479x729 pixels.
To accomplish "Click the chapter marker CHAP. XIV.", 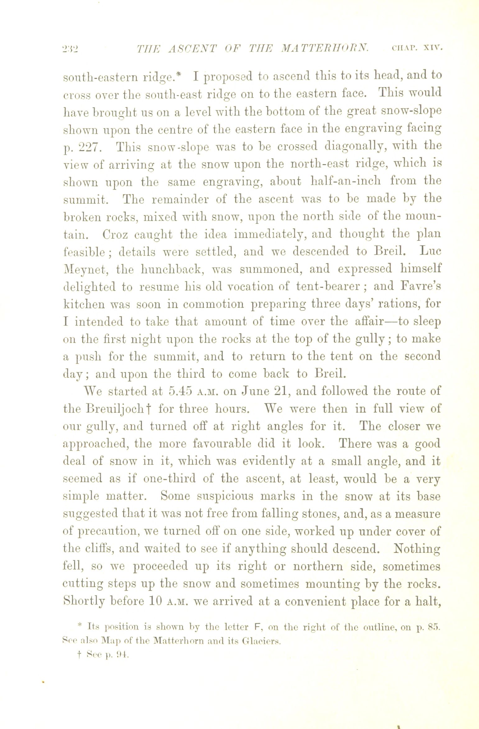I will [x=417, y=48].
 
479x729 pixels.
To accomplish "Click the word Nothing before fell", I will [x=417, y=549].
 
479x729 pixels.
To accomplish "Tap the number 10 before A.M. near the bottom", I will [x=154, y=602].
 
